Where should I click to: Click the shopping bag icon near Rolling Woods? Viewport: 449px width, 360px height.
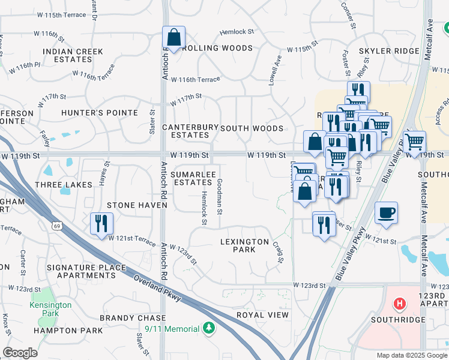click(173, 38)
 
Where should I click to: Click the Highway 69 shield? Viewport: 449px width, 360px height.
click(56, 226)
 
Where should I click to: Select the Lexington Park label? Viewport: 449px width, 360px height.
click(244, 245)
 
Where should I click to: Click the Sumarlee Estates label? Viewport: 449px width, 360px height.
click(191, 178)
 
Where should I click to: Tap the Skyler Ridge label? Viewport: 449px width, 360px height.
click(389, 52)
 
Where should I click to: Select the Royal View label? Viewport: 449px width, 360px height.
click(262, 315)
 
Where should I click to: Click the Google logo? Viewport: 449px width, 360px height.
click(19, 353)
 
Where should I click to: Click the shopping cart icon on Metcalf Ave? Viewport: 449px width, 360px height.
click(415, 141)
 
